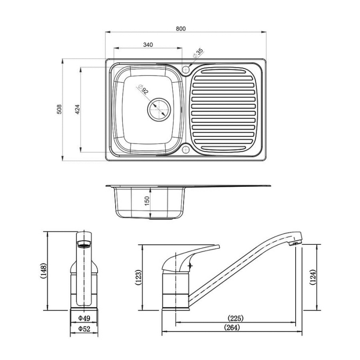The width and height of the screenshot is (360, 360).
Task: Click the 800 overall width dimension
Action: (x=180, y=28)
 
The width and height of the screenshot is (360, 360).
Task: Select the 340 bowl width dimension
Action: (x=148, y=44)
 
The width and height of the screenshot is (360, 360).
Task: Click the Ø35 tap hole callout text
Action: (x=198, y=54)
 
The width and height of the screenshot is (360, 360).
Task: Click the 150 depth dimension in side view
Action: (x=146, y=201)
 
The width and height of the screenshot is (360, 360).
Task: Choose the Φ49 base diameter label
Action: (x=84, y=318)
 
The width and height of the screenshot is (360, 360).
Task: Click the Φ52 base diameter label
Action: (x=84, y=329)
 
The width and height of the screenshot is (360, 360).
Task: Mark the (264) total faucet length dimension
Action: (x=232, y=328)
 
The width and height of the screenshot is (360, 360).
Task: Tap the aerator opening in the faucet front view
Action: (x=84, y=245)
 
